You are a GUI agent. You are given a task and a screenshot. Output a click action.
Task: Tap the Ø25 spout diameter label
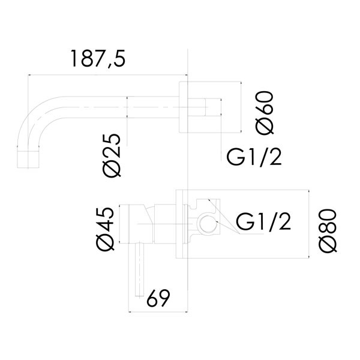[112, 154]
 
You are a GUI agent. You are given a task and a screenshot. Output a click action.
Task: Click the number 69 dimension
[155, 297]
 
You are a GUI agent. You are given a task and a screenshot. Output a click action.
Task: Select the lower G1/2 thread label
[263, 222]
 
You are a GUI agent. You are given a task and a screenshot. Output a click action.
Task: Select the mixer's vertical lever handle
[140, 269]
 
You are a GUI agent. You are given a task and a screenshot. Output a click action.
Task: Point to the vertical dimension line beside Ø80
[308, 225]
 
